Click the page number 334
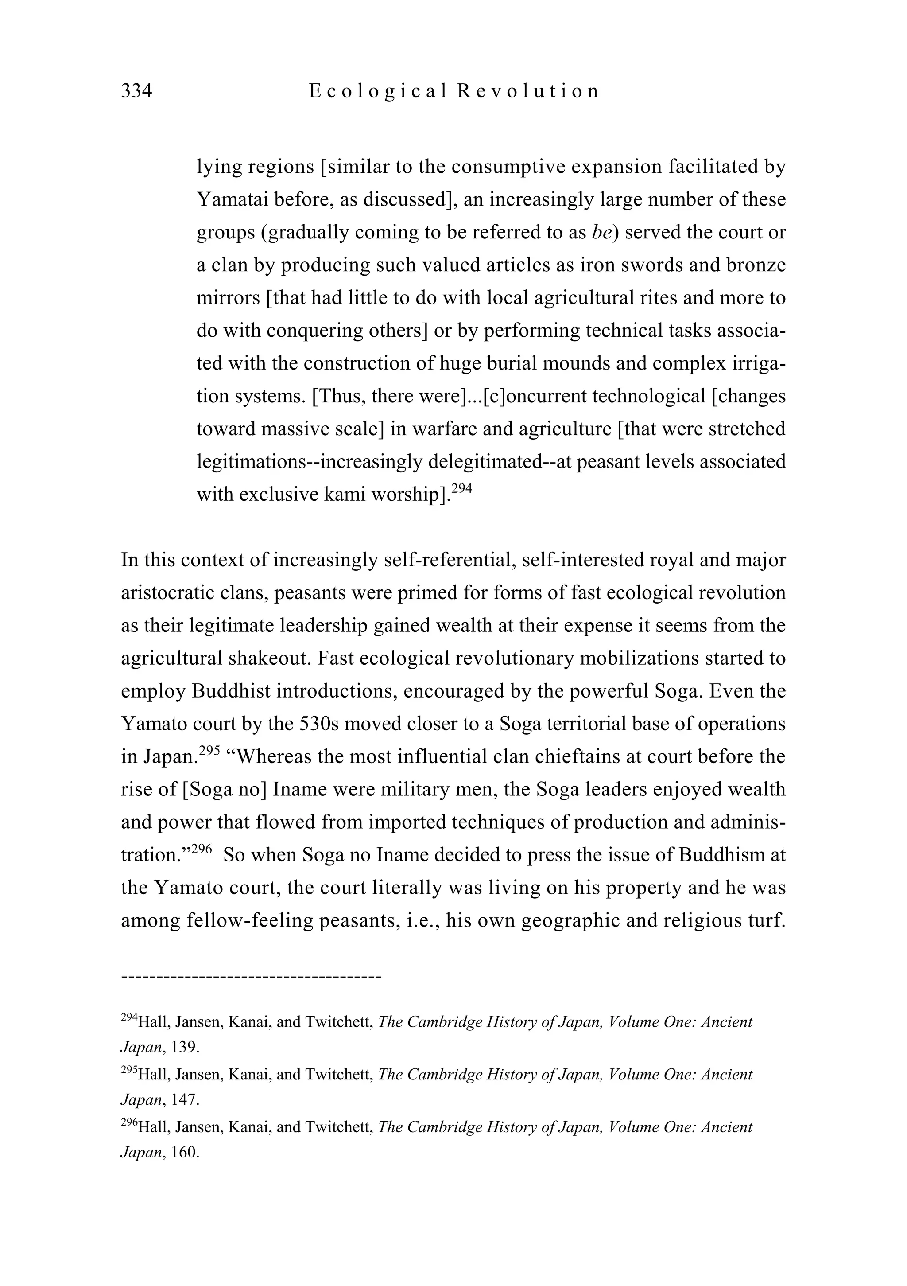(x=136, y=91)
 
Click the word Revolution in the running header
(x=528, y=91)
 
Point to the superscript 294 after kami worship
(x=462, y=488)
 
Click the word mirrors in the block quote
(x=228, y=298)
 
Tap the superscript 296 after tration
(x=201, y=849)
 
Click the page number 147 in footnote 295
(x=185, y=1100)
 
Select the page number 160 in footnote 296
(x=185, y=1153)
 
